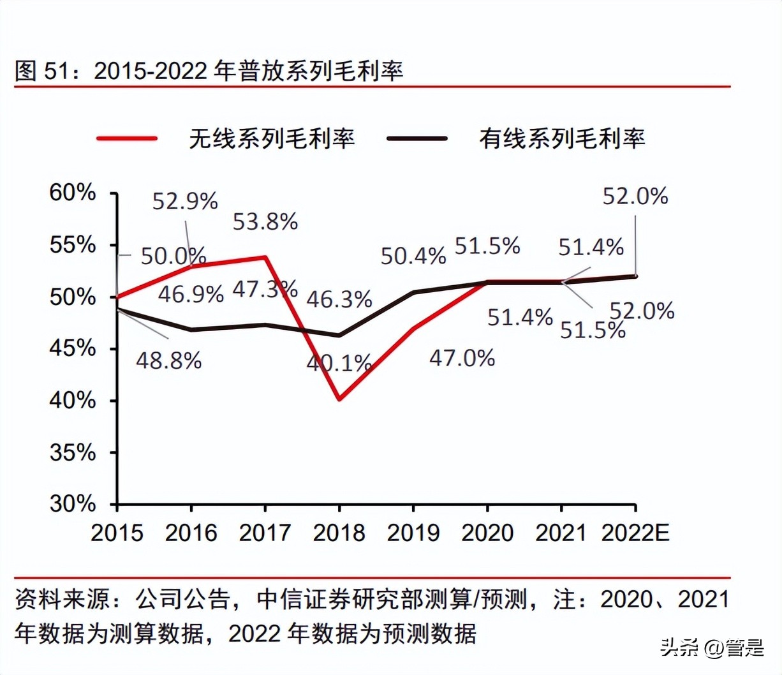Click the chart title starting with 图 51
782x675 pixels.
[x=209, y=70]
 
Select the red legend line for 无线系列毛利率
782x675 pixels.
[x=127, y=138]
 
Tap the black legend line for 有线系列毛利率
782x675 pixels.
[x=418, y=138]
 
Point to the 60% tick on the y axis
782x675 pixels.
[x=73, y=192]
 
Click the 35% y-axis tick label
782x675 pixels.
[x=73, y=452]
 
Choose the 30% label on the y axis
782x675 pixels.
[x=73, y=504]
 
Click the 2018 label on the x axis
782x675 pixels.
[x=339, y=533]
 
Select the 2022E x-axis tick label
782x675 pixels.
[x=635, y=533]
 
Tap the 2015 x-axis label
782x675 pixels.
[x=117, y=533]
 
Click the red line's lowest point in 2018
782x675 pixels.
[x=339, y=399]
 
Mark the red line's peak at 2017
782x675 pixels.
[x=265, y=257]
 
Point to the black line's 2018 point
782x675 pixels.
[x=339, y=335]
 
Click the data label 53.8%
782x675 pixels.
[x=265, y=222]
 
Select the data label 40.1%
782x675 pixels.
[x=339, y=364]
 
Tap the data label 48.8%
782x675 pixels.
[x=169, y=361]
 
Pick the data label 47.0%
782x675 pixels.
[x=462, y=359]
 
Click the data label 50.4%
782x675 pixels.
[x=413, y=256]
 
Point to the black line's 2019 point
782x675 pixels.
[x=413, y=292]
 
